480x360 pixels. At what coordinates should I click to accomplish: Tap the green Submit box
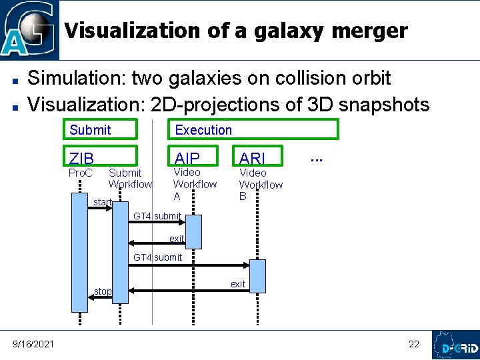pos(99,129)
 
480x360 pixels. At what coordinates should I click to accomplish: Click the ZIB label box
pos(99,157)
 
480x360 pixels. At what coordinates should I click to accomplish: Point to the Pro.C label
pos(81,173)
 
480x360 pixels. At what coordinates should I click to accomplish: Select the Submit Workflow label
pos(130,179)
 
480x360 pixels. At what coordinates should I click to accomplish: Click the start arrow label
pos(102,202)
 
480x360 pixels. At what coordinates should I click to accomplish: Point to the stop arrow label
pos(103,291)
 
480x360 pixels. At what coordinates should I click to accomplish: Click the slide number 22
pos(414,344)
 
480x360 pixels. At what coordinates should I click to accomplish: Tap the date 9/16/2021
pos(34,343)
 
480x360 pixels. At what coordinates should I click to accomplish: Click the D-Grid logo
pos(455,345)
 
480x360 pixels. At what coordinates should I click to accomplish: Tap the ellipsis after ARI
pos(316,158)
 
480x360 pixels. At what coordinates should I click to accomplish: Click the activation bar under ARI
pos(257,276)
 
